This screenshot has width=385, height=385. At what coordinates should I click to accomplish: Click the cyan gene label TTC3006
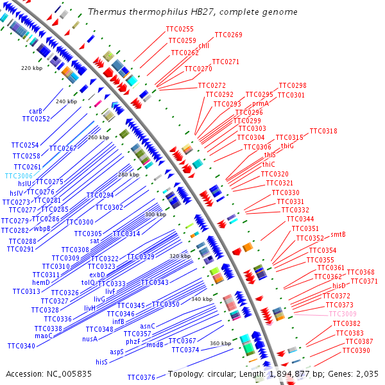(x=19, y=176)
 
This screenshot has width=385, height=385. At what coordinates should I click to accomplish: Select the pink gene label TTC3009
(x=342, y=314)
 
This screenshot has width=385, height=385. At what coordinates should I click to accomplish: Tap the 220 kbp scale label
(x=31, y=67)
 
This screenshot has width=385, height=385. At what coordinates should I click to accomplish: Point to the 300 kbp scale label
(x=155, y=214)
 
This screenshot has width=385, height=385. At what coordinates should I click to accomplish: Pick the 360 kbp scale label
(x=220, y=343)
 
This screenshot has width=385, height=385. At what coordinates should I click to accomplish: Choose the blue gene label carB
(x=36, y=111)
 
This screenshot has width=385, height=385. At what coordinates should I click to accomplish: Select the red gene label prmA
(x=261, y=103)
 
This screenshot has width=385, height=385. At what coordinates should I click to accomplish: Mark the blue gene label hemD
(x=41, y=282)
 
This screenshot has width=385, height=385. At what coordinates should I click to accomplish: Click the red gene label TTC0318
(x=323, y=131)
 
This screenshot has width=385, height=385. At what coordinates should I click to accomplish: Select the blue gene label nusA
(x=90, y=339)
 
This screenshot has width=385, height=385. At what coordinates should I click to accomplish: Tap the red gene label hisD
(x=339, y=285)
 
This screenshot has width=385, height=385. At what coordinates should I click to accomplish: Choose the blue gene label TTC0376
(x=141, y=377)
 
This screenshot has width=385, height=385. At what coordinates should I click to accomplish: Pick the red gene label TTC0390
(x=356, y=350)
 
